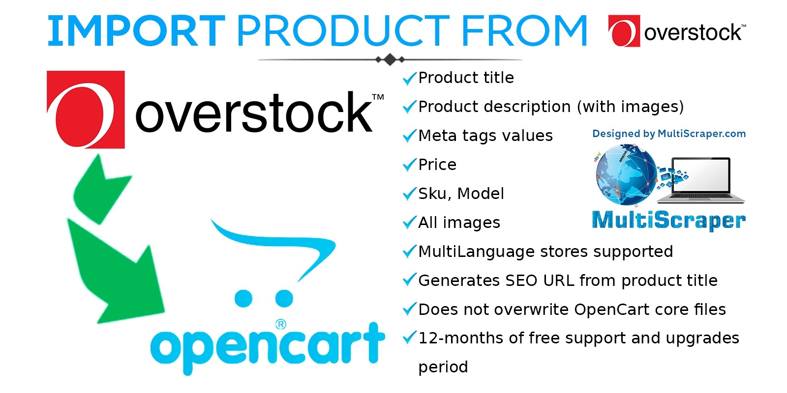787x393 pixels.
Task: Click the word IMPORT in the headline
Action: coord(136,31)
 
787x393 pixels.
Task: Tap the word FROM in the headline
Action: coord(524,31)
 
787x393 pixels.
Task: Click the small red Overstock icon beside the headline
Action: coord(624,31)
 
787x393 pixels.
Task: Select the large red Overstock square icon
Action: coord(86,110)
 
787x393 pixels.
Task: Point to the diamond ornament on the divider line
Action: coord(390,59)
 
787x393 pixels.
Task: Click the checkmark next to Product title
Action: coord(409,78)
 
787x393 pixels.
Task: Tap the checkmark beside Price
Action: coord(409,165)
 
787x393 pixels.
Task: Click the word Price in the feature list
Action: coord(437,165)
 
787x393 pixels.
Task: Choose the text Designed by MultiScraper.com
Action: coord(669,134)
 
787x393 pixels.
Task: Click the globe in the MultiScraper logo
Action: coord(626,174)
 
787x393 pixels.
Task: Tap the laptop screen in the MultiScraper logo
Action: coord(701,175)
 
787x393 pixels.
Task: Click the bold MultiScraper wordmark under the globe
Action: coord(669,221)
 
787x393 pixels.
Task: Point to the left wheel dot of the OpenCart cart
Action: coord(243,298)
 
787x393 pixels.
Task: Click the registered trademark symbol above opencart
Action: coord(281,324)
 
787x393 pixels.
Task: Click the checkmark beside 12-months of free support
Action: coord(409,338)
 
